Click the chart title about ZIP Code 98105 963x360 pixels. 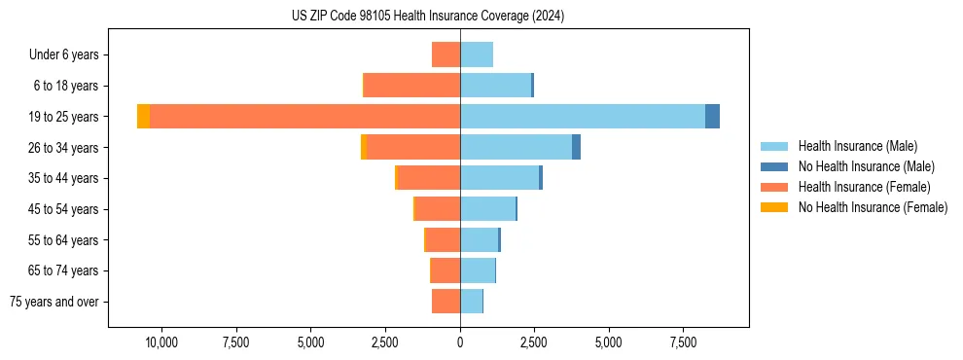click(x=427, y=17)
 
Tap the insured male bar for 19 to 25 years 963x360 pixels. click(x=583, y=117)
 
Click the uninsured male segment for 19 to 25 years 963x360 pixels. click(x=712, y=117)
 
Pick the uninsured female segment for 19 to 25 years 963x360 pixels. click(x=143, y=117)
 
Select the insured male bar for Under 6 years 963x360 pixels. click(x=477, y=54)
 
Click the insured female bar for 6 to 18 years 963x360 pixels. click(x=411, y=86)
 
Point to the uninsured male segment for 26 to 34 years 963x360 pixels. click(x=576, y=147)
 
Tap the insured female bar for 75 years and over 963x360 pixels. click(x=446, y=302)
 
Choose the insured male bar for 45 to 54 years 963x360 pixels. click(x=487, y=209)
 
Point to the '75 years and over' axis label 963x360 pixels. click(x=54, y=302)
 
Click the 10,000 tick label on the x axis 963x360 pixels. click(x=161, y=342)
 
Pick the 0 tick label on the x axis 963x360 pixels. click(x=460, y=342)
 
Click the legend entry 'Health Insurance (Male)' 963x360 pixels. click(x=857, y=146)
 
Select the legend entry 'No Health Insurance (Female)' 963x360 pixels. click(x=873, y=207)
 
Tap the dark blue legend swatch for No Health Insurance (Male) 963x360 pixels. click(x=774, y=166)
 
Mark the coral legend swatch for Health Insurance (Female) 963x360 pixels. click(x=774, y=187)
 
